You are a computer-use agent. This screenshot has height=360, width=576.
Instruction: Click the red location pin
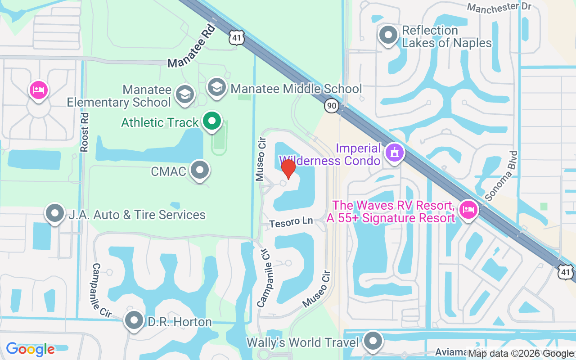(x=288, y=169)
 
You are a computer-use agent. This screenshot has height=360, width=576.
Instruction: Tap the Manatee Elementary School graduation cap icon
(x=184, y=94)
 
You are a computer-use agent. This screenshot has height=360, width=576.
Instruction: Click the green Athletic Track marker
(x=211, y=121)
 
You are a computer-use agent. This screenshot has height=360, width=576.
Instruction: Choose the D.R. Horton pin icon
(x=134, y=321)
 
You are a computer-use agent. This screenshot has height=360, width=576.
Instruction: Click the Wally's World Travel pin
(x=373, y=342)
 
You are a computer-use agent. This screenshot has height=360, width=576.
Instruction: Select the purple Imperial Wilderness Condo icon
(x=395, y=153)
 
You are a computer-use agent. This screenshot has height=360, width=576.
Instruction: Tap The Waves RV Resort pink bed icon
(x=468, y=210)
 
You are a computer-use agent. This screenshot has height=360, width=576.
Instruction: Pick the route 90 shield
(x=332, y=106)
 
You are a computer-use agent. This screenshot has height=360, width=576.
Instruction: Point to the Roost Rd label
(x=85, y=132)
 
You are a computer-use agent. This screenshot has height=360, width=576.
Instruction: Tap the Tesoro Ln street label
(x=291, y=222)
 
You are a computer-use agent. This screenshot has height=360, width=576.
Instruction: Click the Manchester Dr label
(x=499, y=8)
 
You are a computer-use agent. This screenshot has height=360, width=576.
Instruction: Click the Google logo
(x=30, y=349)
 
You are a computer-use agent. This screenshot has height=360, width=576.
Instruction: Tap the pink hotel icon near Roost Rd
(x=39, y=90)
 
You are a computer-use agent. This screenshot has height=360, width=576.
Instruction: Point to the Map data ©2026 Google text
(x=521, y=354)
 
